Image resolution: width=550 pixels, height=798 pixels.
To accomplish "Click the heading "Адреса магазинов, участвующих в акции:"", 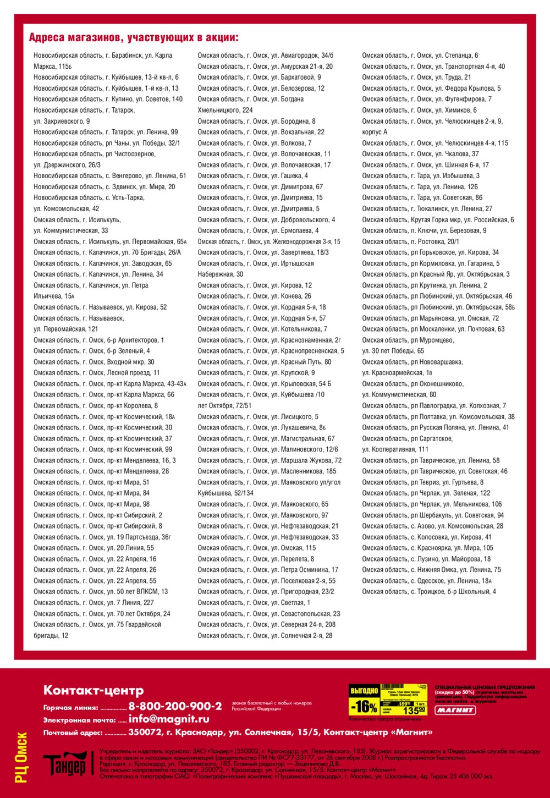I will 134,37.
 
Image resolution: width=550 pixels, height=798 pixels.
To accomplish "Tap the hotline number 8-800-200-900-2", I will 175,706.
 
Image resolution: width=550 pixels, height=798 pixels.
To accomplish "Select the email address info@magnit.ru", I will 168,719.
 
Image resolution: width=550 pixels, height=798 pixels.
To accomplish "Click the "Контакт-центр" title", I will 94,690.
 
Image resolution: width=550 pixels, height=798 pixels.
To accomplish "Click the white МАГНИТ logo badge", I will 455,710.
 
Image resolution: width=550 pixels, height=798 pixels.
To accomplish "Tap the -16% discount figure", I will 364,706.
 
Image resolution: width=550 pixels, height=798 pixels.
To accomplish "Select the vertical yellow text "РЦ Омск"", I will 21,757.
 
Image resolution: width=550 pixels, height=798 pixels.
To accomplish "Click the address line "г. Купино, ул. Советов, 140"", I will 108,99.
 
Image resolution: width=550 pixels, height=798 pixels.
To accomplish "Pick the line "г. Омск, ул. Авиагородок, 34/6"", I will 265,55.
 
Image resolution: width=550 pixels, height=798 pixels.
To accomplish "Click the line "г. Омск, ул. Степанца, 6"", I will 420,55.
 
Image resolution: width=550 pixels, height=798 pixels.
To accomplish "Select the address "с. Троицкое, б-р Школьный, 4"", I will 428,591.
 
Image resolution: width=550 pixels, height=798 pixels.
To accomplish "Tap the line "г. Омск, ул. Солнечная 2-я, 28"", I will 265,635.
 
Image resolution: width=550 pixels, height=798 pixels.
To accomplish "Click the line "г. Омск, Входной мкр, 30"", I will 94,362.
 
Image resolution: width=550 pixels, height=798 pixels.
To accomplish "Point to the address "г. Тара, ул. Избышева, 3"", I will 420,175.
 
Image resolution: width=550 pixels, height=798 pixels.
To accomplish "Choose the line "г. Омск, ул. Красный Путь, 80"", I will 264,362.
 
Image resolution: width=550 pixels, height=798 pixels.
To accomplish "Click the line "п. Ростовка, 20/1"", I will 410,241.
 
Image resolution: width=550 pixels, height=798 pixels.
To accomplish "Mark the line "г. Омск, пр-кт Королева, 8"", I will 96,405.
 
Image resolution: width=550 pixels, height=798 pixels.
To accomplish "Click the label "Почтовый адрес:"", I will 73,733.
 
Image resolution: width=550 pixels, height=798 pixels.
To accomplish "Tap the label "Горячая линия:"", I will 70,708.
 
